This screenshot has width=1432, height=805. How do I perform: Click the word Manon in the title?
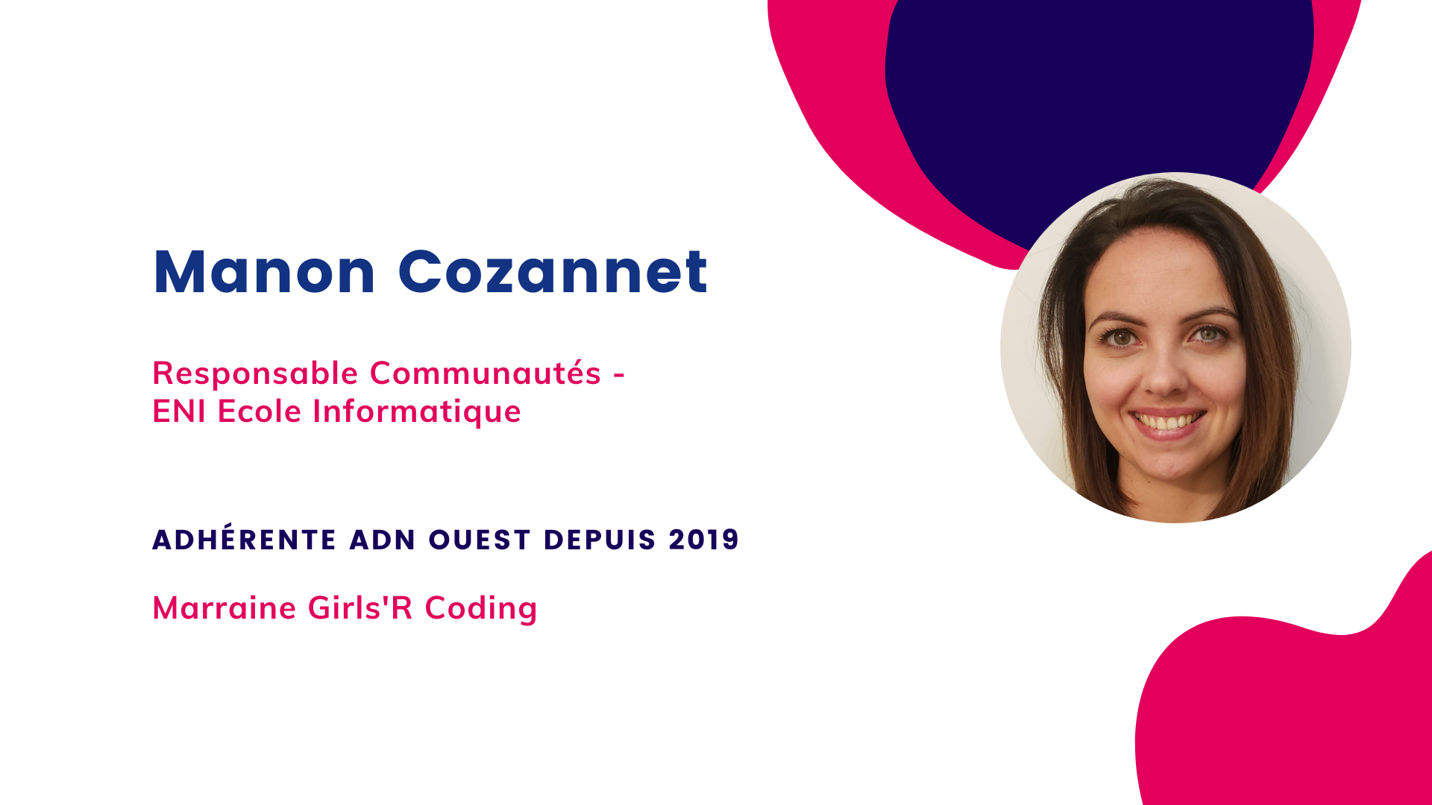tap(264, 272)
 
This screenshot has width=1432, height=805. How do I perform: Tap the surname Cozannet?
tap(553, 272)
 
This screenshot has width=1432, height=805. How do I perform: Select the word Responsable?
tap(255, 374)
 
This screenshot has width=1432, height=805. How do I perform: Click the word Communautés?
tap(486, 373)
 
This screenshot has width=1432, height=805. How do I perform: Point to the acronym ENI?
tap(179, 411)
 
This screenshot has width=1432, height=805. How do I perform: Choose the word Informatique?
tap(417, 412)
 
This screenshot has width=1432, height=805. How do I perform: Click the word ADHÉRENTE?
tap(245, 538)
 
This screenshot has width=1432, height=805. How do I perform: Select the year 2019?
tap(703, 540)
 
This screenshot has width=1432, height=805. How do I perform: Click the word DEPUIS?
tap(600, 540)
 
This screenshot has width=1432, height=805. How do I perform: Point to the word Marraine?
tap(224, 608)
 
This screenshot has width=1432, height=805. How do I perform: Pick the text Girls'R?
tap(360, 607)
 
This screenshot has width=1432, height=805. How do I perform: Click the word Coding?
tap(481, 609)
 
